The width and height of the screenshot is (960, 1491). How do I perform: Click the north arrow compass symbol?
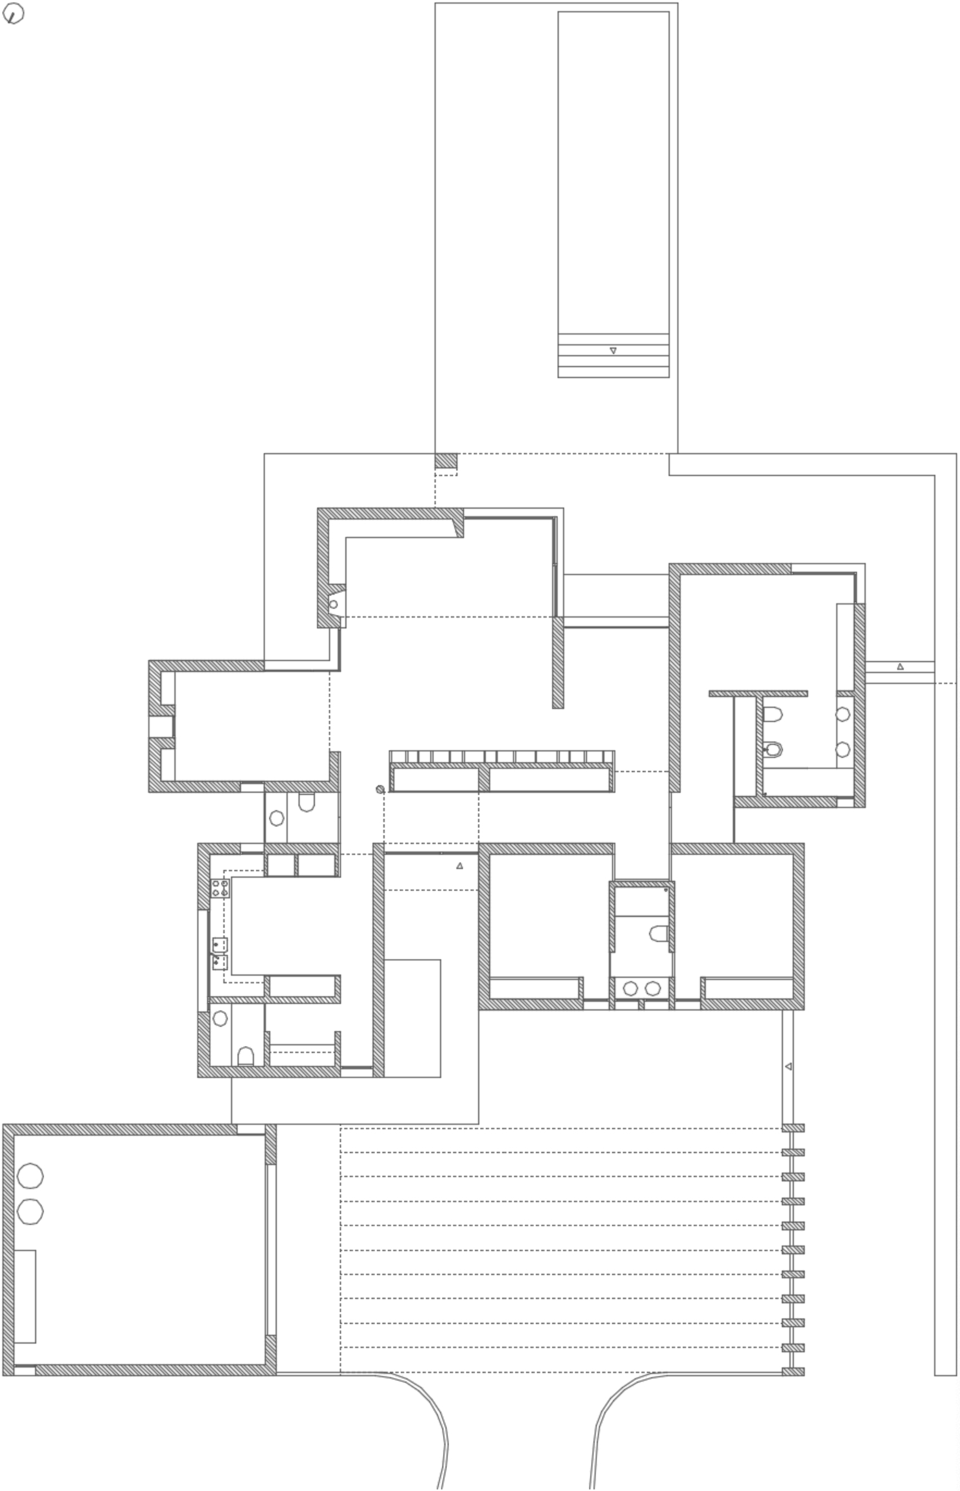tap(13, 13)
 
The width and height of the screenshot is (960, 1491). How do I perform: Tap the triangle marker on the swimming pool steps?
tap(613, 351)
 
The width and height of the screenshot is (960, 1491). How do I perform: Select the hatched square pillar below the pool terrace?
tap(446, 461)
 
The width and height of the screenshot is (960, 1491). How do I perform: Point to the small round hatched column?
tap(380, 789)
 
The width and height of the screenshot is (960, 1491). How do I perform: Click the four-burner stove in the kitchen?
tap(220, 889)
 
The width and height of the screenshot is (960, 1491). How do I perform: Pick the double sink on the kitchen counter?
tap(220, 954)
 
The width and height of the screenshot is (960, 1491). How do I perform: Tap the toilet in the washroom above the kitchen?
tap(306, 802)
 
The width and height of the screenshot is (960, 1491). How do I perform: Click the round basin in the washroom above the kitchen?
tap(276, 818)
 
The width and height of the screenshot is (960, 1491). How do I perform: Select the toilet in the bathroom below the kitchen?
tap(246, 1056)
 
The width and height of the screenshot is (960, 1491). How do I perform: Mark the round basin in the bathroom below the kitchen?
tap(220, 1018)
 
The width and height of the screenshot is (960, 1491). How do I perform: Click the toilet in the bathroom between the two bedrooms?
tap(659, 934)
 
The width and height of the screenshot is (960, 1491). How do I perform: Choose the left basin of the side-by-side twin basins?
tap(630, 988)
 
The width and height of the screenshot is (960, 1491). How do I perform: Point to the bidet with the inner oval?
tap(773, 749)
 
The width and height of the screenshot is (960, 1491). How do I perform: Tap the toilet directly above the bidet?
tap(773, 714)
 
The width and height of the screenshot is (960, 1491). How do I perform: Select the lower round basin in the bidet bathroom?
tap(843, 749)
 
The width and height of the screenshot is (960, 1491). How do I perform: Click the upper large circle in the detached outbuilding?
tap(30, 1177)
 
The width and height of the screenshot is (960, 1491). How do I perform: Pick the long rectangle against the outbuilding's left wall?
tap(25, 1296)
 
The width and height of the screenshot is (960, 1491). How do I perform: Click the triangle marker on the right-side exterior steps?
tap(900, 667)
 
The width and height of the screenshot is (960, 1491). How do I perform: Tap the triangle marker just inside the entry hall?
tap(460, 865)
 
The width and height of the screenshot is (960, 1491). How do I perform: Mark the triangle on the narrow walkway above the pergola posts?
tap(788, 1066)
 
